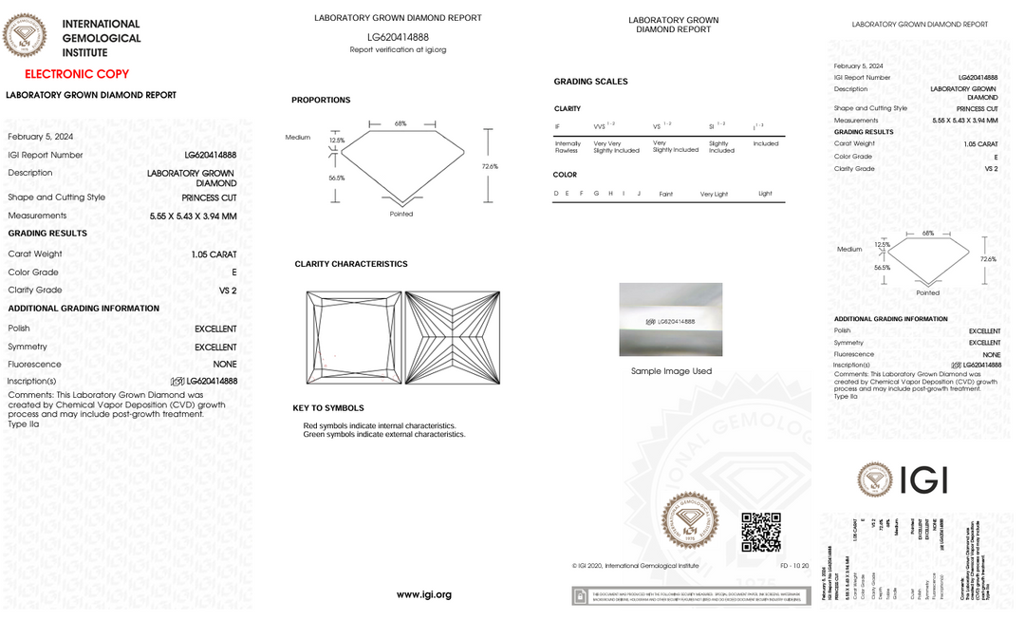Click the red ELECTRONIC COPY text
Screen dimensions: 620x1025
(x=77, y=74)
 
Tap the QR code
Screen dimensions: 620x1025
(x=760, y=532)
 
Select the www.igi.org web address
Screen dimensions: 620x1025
(x=424, y=594)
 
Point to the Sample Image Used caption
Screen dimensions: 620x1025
(x=671, y=371)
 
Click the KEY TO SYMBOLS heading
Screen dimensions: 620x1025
(x=328, y=408)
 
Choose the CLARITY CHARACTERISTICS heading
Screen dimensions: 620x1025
(x=351, y=264)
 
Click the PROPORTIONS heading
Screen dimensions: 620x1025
(x=321, y=100)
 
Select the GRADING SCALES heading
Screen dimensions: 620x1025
(x=590, y=82)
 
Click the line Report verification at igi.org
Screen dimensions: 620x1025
(x=398, y=49)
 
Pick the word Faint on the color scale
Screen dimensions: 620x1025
(x=665, y=194)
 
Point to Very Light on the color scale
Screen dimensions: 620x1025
(x=714, y=194)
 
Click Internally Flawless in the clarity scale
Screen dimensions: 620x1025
(x=567, y=147)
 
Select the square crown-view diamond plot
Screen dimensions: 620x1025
(x=354, y=338)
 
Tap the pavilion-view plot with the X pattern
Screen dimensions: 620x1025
(x=453, y=338)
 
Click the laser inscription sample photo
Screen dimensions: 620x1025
(x=670, y=319)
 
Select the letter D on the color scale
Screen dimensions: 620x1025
(x=555, y=194)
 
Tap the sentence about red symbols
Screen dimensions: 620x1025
(x=379, y=426)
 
